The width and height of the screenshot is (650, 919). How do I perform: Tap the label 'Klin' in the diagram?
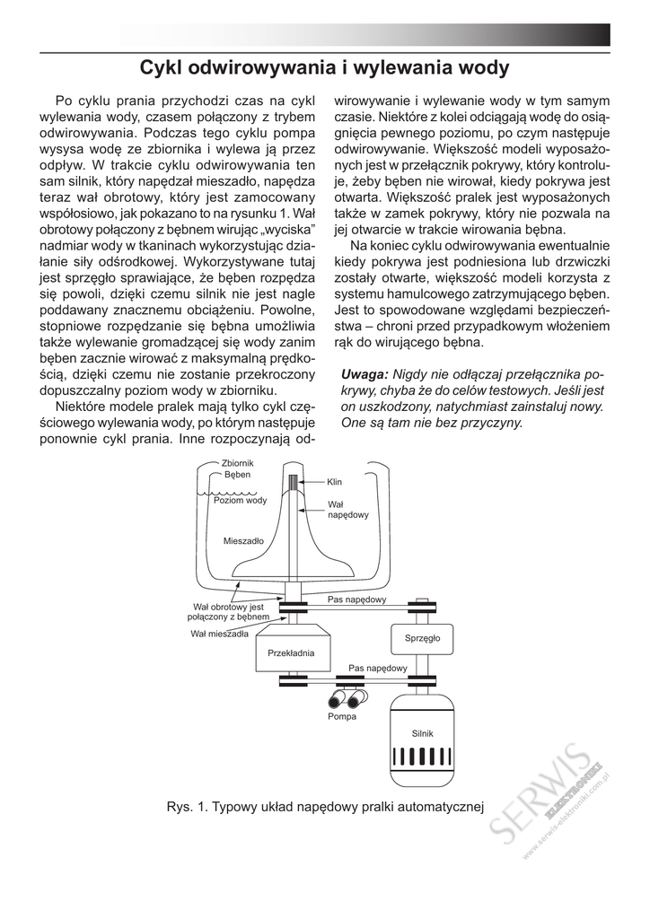coord(334,482)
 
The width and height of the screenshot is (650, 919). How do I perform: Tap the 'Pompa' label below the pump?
coord(342,717)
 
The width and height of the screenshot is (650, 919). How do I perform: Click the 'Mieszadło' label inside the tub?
coord(242,542)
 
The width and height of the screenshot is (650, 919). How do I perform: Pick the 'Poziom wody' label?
coord(240,501)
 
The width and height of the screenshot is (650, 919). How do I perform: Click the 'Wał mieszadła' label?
coord(219,634)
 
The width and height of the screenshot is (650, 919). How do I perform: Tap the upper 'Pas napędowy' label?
coord(356,599)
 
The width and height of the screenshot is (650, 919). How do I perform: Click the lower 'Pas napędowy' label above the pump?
coord(378,668)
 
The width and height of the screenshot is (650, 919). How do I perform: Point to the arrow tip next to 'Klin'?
coord(303,482)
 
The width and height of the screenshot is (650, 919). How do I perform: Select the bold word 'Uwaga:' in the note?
coord(365,374)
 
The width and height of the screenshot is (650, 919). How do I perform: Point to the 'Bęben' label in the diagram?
coord(237,475)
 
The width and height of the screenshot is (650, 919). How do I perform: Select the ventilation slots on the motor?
coord(420,756)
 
